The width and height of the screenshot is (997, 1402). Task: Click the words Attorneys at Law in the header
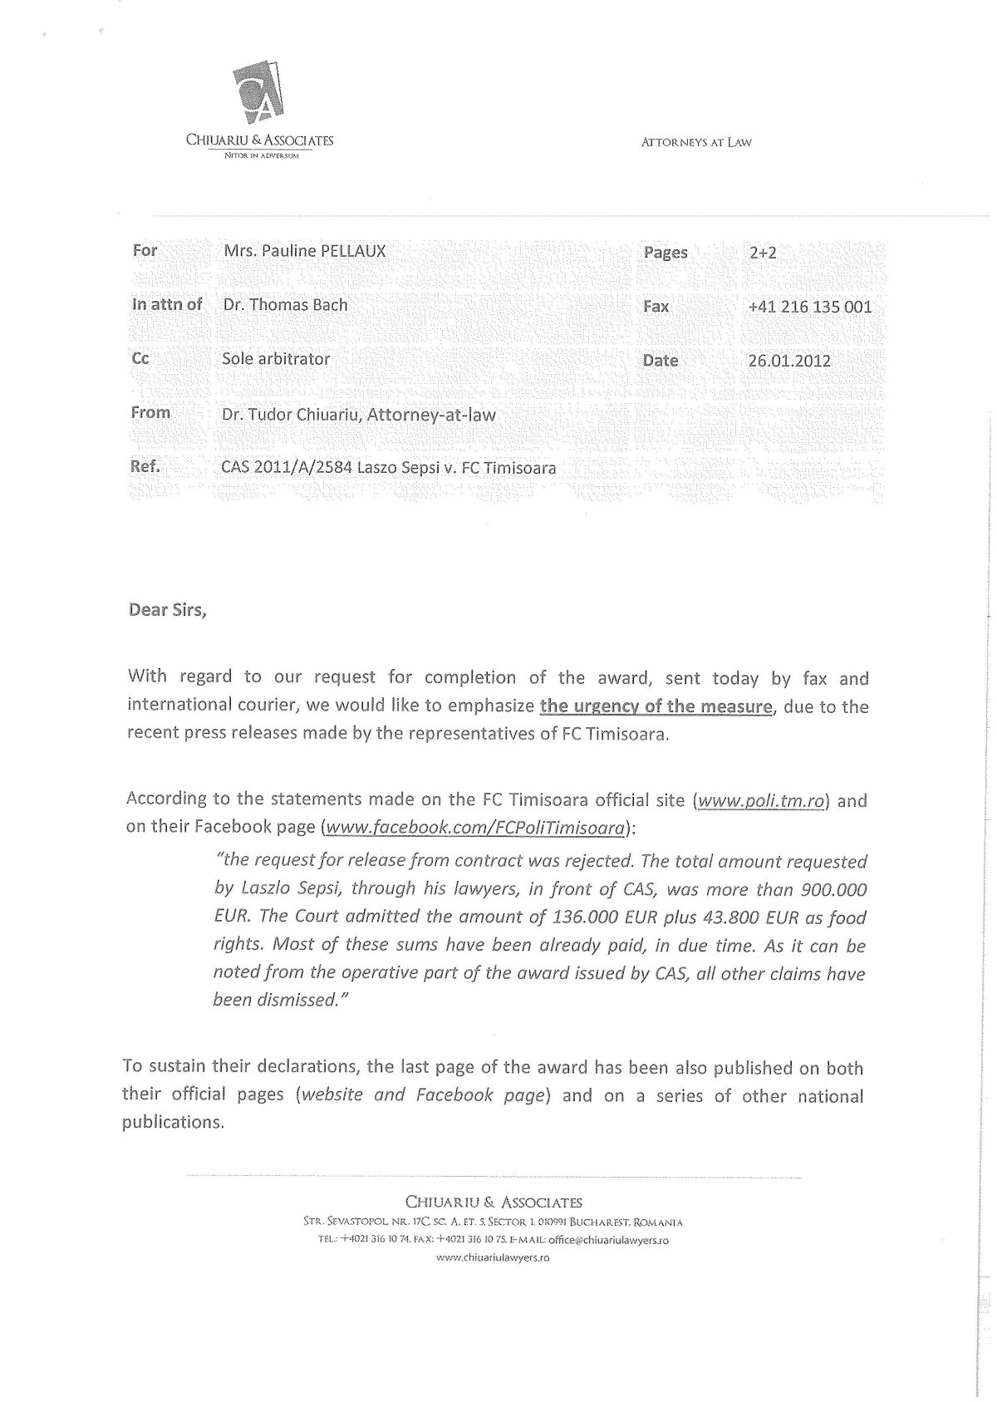[696, 142]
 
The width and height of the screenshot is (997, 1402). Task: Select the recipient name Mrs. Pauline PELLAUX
[304, 250]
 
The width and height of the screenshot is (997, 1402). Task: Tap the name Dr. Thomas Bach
[285, 305]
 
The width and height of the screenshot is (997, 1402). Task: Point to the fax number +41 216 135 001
[810, 307]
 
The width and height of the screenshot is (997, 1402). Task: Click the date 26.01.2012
[789, 361]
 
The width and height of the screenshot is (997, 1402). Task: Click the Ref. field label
[145, 467]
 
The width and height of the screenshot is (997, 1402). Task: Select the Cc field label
[140, 359]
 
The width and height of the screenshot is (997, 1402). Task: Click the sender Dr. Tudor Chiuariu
[290, 414]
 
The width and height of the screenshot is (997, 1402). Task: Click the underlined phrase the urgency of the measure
[656, 707]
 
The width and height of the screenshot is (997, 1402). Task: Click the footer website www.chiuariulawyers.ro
[494, 1258]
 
